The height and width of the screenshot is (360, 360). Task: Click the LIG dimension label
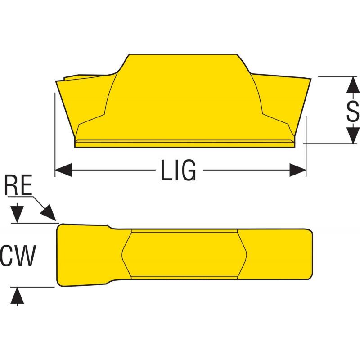tap(178, 170)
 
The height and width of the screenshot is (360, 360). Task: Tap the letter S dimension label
tap(353, 111)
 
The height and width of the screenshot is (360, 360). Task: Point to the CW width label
tap(18, 256)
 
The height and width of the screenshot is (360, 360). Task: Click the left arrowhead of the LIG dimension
tap(63, 170)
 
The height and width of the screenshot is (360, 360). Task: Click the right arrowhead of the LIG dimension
tap(298, 170)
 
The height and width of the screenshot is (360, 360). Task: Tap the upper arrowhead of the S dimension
tap(353, 85)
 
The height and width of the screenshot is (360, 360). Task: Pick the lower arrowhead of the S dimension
tap(353, 135)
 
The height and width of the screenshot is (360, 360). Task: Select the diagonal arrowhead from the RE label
tap(49, 212)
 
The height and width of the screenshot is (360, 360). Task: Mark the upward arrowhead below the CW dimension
tap(17, 296)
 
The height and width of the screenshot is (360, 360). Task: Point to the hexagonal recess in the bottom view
tap(184, 254)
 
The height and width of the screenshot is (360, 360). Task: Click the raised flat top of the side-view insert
tap(183, 54)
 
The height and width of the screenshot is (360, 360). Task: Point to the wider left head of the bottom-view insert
tap(83, 255)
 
